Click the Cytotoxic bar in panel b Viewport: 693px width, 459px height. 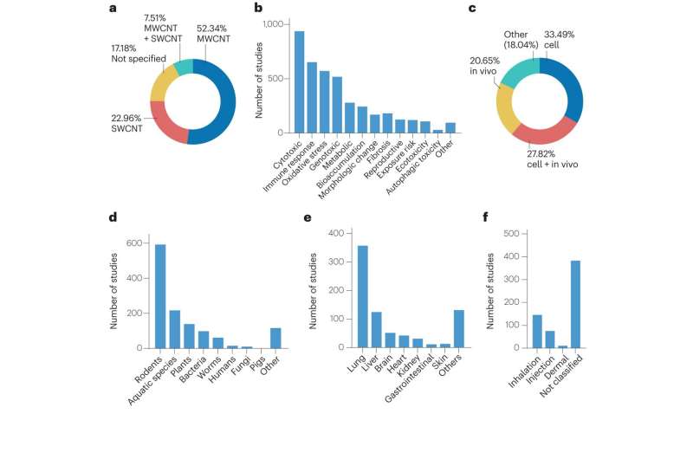[299, 82]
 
